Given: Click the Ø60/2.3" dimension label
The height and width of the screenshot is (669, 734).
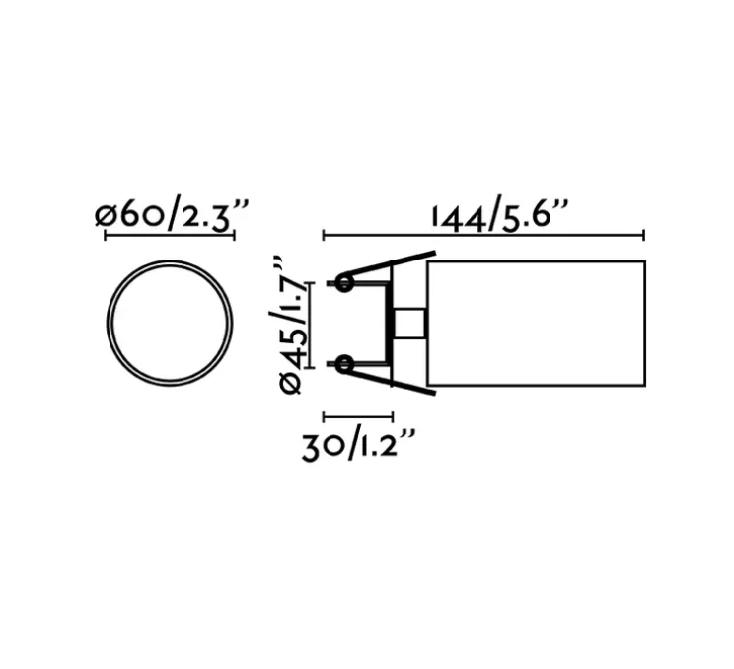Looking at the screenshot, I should [x=172, y=214].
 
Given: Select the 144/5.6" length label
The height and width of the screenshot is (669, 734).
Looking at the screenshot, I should [x=500, y=214].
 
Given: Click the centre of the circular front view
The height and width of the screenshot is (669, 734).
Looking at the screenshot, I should [x=170, y=323].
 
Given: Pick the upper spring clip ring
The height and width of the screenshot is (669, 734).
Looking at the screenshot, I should [x=343, y=284].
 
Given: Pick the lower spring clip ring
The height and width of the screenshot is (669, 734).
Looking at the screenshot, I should [x=343, y=365].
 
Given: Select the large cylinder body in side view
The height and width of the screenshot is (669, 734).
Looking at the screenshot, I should [x=535, y=323].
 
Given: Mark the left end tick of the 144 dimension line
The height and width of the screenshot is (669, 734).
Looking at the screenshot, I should [x=324, y=235].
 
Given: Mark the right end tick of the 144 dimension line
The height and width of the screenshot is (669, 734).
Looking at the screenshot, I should [x=644, y=235].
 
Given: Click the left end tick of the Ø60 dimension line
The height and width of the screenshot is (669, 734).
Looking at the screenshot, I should [x=106, y=235].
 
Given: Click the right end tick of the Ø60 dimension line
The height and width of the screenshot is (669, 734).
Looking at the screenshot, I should [x=234, y=235].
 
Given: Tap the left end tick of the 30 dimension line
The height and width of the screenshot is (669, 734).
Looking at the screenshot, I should [x=324, y=416].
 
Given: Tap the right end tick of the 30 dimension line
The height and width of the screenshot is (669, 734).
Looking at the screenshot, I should [x=393, y=416].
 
